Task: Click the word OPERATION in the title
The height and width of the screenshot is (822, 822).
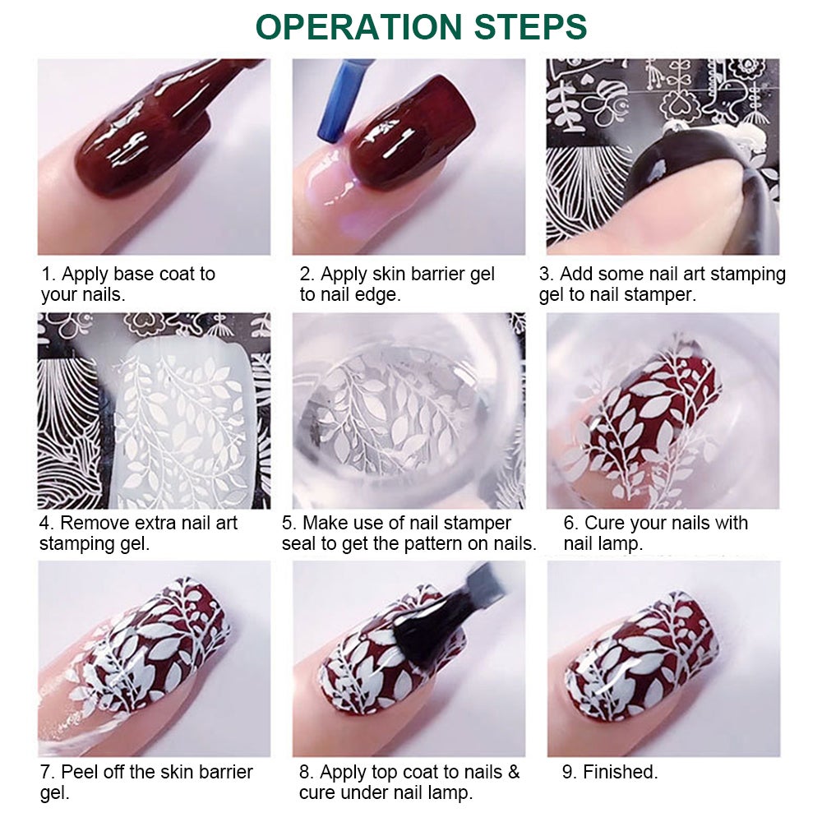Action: (x=358, y=27)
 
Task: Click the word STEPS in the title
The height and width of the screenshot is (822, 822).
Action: (x=530, y=27)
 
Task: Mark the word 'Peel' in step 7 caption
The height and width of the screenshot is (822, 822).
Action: (x=80, y=772)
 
